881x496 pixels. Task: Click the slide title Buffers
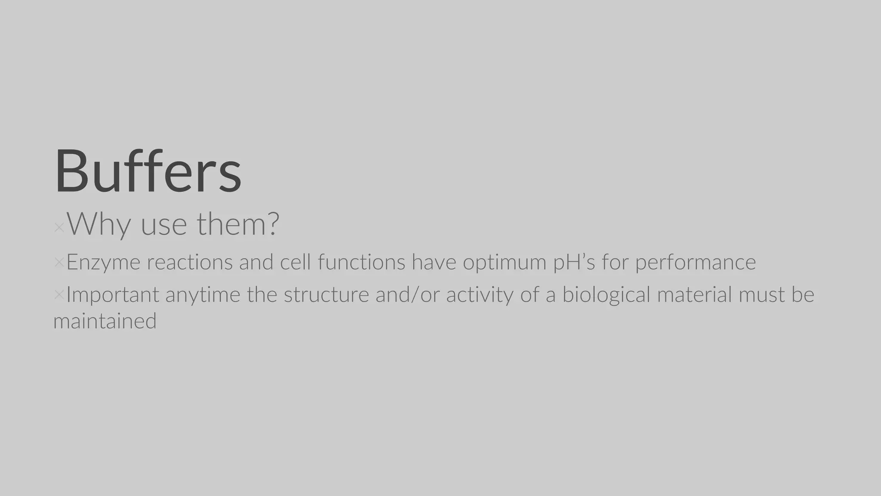[148, 171]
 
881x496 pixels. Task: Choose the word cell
[295, 262]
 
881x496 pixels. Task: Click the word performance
[695, 262]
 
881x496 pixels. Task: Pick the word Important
[113, 295]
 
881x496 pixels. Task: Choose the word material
[694, 295]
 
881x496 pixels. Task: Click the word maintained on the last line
[105, 321]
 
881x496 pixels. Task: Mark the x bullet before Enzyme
[59, 262]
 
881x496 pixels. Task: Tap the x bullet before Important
[59, 294]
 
